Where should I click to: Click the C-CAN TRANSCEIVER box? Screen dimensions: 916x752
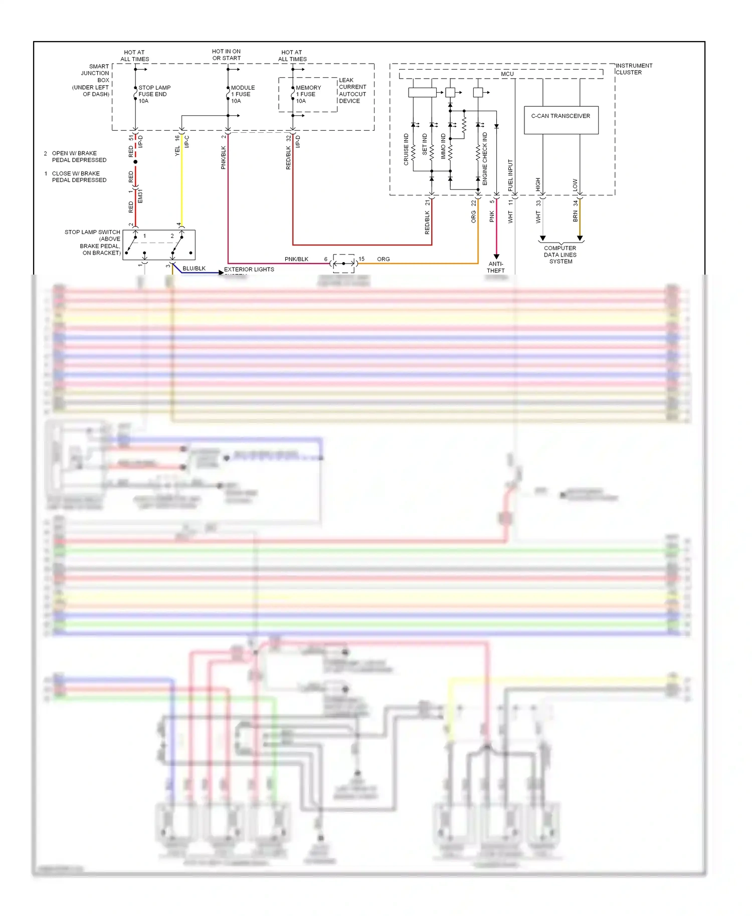[x=560, y=120]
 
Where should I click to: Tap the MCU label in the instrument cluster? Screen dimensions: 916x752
[x=507, y=74]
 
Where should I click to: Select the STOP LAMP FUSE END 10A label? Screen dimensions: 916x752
[x=154, y=94]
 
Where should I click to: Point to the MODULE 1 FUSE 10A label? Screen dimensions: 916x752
[x=243, y=94]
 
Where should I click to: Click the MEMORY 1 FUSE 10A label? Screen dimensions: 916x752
[x=308, y=94]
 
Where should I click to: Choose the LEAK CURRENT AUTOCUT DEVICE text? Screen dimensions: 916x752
[x=352, y=91]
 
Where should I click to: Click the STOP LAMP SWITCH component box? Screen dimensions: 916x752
[x=159, y=245]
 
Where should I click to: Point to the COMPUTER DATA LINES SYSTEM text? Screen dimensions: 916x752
[x=560, y=255]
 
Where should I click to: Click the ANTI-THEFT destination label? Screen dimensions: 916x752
[x=495, y=267]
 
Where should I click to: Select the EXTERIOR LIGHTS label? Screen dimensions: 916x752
[x=249, y=270]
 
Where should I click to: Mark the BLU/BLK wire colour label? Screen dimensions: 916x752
[x=194, y=269]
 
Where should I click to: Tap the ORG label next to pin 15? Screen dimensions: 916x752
[x=383, y=259]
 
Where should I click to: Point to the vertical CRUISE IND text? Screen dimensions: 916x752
[x=406, y=149]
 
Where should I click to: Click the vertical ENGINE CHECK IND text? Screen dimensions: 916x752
[x=485, y=159]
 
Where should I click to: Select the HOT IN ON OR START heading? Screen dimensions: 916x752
[x=226, y=55]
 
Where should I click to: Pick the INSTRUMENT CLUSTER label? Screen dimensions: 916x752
[x=634, y=69]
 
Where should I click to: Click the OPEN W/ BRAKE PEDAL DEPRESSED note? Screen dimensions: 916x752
[x=79, y=157]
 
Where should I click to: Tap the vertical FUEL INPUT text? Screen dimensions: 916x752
[x=510, y=175]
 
